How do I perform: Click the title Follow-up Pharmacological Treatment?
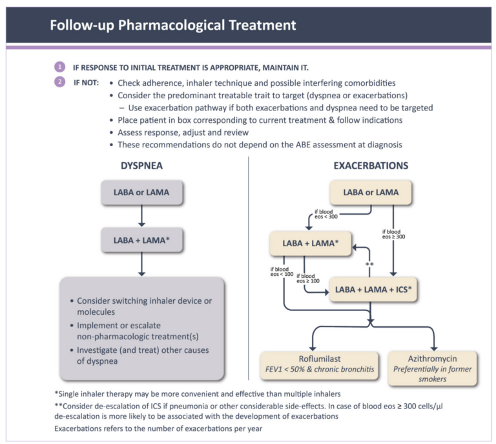(173, 25)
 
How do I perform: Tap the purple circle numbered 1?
(59, 67)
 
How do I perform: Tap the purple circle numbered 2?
(59, 83)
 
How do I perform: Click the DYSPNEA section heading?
(141, 166)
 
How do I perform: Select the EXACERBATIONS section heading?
(371, 166)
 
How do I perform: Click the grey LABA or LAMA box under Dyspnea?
(142, 193)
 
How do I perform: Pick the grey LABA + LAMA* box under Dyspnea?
(142, 240)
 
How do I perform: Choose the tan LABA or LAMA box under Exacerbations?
(371, 193)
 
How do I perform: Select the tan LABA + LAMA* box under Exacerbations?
(311, 243)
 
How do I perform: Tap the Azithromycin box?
(433, 368)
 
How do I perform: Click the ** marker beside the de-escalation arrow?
(370, 266)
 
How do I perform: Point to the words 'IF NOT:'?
(86, 83)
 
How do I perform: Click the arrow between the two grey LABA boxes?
(142, 217)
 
